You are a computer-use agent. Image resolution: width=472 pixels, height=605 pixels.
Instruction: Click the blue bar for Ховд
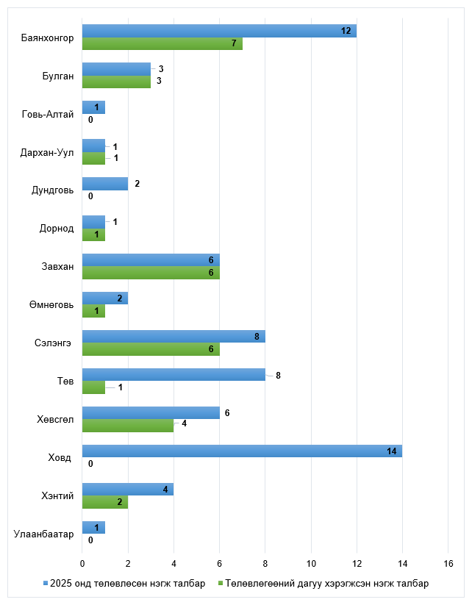pyautogui.click(x=242, y=451)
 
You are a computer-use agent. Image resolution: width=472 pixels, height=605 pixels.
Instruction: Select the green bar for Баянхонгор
pyautogui.click(x=162, y=43)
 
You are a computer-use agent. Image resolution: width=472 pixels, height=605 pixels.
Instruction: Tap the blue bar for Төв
pyautogui.click(x=174, y=375)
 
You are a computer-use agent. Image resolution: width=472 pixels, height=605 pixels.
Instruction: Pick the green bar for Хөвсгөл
pyautogui.click(x=128, y=426)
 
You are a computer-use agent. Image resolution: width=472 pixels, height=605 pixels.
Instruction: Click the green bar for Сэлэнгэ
pyautogui.click(x=151, y=349)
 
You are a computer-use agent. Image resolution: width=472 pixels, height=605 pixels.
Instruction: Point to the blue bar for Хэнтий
pyautogui.click(x=128, y=490)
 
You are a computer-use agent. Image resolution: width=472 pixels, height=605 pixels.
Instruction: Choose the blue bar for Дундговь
pyautogui.click(x=105, y=184)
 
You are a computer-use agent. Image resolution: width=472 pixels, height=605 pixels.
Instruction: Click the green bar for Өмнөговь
pyautogui.click(x=93, y=311)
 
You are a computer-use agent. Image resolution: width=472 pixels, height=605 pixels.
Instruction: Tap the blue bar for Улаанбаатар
pyautogui.click(x=93, y=528)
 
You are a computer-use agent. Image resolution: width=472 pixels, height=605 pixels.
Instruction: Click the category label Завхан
pyautogui.click(x=57, y=267)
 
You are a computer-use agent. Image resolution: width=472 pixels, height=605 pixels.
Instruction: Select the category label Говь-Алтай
pyautogui.click(x=49, y=114)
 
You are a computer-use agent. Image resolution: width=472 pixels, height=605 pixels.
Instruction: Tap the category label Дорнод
pyautogui.click(x=57, y=229)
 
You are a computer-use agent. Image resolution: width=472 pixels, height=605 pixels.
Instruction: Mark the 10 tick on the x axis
pyautogui.click(x=311, y=564)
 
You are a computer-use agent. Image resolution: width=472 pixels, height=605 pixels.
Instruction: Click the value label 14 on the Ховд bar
pyautogui.click(x=392, y=451)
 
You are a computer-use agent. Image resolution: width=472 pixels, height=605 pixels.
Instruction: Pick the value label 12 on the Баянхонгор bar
pyautogui.click(x=346, y=31)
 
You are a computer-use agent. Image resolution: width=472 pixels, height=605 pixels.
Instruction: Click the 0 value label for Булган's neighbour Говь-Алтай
pyautogui.click(x=90, y=120)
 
